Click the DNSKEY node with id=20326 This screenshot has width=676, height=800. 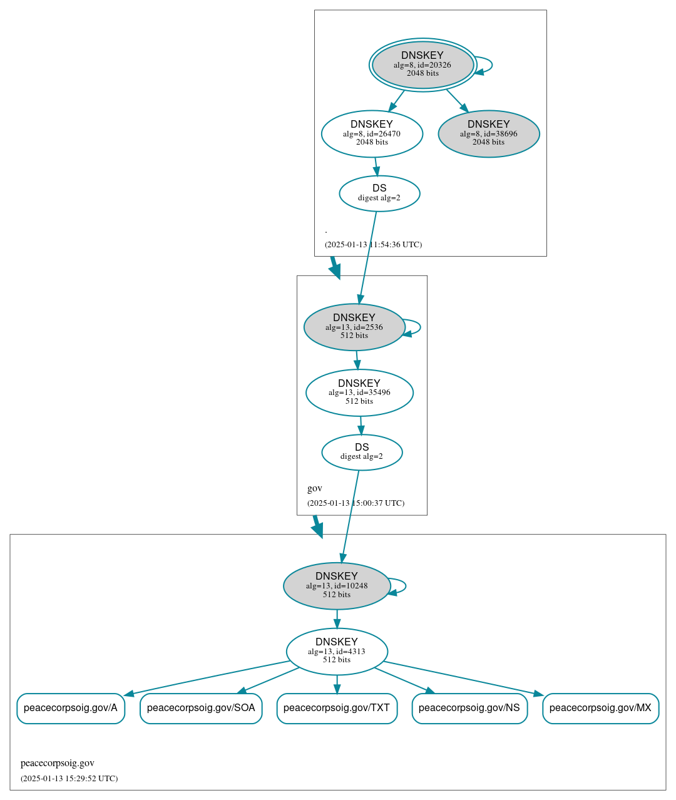422,64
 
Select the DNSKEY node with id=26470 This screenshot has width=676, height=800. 372,133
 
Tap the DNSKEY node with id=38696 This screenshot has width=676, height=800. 488,133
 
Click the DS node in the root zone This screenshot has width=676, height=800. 379,193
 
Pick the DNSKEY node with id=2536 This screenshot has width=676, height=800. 354,327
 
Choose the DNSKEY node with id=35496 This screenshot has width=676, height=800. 359,392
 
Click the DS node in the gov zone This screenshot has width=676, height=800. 362,452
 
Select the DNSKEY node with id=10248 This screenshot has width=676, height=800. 337,586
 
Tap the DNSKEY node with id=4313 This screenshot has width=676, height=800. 337,651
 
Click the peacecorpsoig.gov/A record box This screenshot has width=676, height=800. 71,708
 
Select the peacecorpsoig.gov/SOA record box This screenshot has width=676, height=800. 201,708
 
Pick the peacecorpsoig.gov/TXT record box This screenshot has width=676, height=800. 337,708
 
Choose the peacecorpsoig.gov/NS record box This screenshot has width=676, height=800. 469,708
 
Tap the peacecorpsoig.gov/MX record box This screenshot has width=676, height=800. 600,708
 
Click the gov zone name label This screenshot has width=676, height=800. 315,488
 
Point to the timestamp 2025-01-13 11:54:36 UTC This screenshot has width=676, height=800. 373,245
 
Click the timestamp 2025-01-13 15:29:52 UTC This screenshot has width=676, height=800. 69,779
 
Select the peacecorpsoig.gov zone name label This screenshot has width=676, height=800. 58,763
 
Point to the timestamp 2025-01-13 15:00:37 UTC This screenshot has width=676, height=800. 356,503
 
